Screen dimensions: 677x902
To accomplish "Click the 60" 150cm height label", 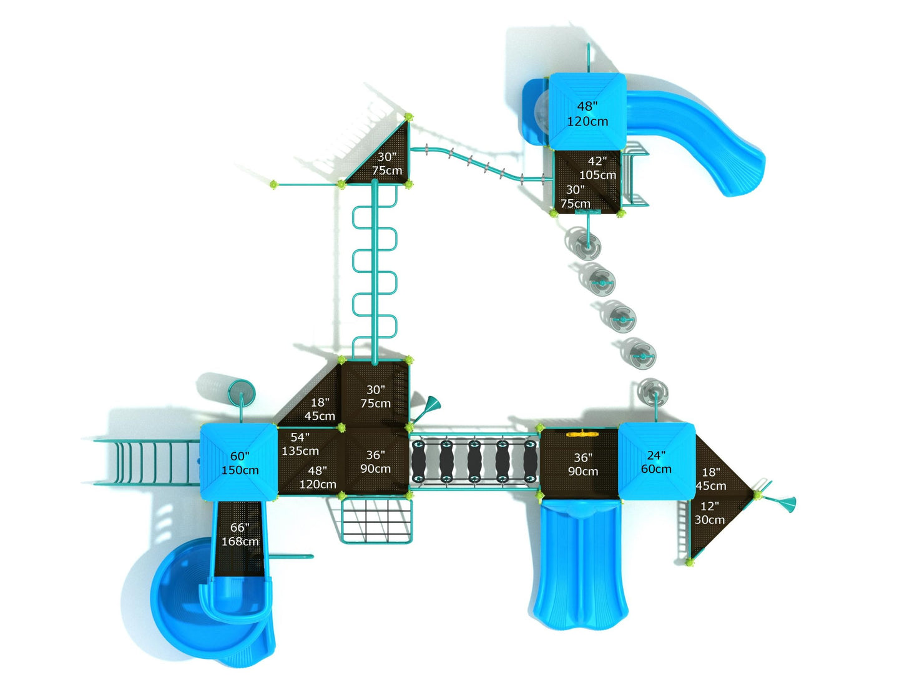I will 240,463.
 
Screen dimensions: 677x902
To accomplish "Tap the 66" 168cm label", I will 240,535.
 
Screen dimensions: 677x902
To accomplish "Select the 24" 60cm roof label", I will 656,462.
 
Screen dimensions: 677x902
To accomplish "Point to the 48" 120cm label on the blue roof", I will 587,114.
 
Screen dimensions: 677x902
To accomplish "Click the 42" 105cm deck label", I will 597,169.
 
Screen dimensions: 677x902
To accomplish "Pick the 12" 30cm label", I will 710,513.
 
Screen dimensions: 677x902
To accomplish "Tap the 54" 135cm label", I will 300,444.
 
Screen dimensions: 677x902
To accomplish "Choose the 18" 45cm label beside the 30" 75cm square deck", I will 320,409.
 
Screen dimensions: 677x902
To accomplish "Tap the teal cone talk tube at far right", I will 785,502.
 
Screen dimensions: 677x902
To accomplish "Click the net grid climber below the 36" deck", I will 376,520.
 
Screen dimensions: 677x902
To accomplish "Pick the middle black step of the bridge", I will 474,462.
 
